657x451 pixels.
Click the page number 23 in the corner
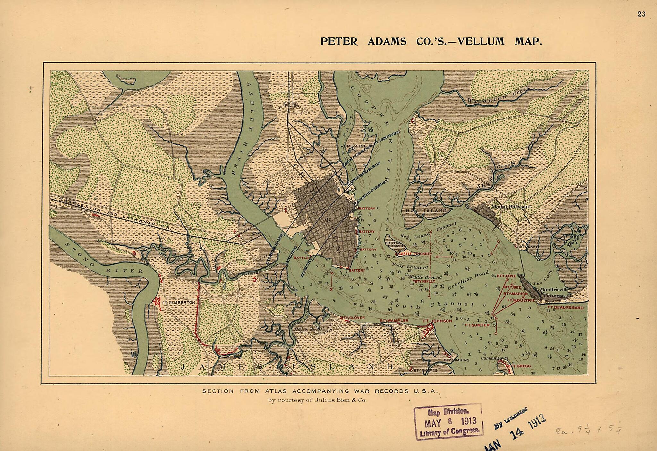[x=642, y=14]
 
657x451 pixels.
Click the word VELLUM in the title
[x=481, y=41]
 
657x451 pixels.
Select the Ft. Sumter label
[x=477, y=325]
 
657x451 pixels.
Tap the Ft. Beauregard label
[x=566, y=307]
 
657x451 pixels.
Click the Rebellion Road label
[x=468, y=280]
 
